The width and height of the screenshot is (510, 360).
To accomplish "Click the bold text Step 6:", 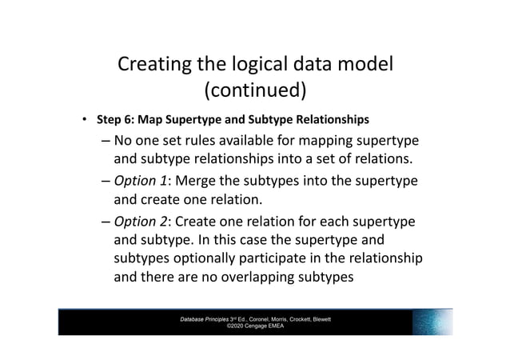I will [116, 120].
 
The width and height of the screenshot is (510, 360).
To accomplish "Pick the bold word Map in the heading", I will [149, 120].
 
